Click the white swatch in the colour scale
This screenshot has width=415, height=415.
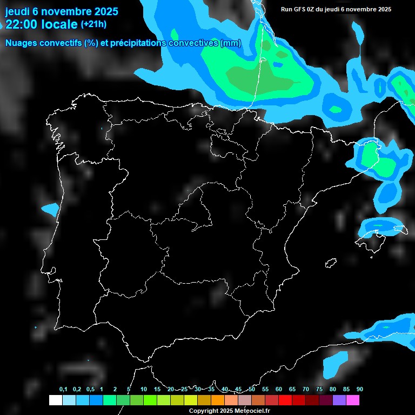pos(55,400)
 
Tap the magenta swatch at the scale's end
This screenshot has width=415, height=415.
pos(353,400)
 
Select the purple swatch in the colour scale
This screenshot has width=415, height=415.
pos(339,400)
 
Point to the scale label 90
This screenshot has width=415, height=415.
pos(359,389)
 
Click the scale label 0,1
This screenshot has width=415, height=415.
pos(63,389)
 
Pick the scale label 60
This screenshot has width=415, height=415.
pos(278,389)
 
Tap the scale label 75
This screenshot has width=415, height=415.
pos(319,389)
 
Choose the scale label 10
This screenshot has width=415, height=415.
pos(143,389)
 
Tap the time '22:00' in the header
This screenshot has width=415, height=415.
pos(22,24)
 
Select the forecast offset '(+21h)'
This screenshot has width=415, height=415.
pos(93,24)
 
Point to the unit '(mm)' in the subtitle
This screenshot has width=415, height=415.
pos(231,43)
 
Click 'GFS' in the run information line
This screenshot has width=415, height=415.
pos(300,9)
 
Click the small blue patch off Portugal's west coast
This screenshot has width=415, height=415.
pos(50,209)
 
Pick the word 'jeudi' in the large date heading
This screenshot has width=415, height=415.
pos(17,11)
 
